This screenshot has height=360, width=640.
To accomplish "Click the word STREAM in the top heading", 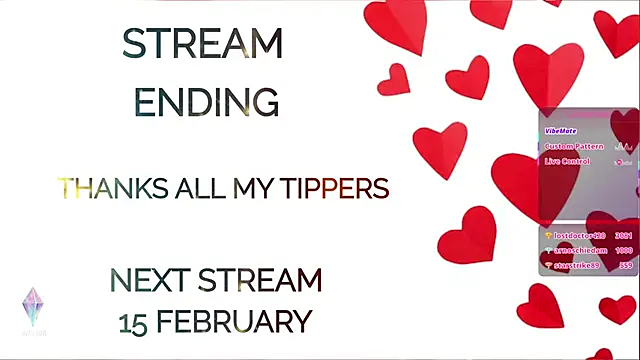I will [x=202, y=44].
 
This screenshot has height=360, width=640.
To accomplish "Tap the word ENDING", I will [x=206, y=102].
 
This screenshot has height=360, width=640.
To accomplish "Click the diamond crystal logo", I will [x=33, y=306].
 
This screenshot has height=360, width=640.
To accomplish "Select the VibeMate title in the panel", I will [x=562, y=130].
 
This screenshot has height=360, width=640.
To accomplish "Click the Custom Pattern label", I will [x=574, y=146].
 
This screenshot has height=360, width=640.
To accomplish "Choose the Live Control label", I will [x=567, y=161].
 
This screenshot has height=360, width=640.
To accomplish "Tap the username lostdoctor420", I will [x=580, y=234].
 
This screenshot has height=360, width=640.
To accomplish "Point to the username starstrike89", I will [x=579, y=265].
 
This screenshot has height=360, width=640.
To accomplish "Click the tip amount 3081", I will [x=624, y=234].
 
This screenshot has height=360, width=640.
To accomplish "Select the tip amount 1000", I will [x=624, y=250].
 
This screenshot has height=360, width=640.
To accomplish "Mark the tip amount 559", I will [x=626, y=265].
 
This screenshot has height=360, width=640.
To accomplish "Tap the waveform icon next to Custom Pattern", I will [x=621, y=146].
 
